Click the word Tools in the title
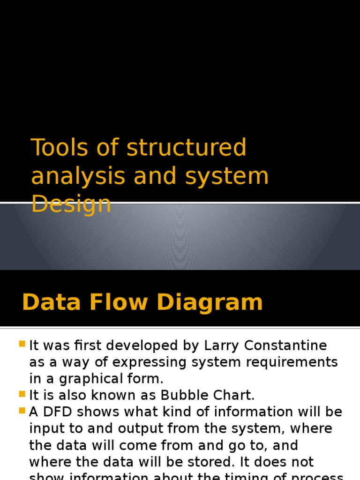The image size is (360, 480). click(x=60, y=148)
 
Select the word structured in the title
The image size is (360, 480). click(x=187, y=148)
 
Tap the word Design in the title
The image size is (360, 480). click(x=71, y=205)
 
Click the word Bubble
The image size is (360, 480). click(x=181, y=395)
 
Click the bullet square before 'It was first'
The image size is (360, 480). click(x=22, y=345)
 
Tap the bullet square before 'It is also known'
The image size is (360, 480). click(x=22, y=394)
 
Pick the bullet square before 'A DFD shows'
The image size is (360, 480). click(x=22, y=411)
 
